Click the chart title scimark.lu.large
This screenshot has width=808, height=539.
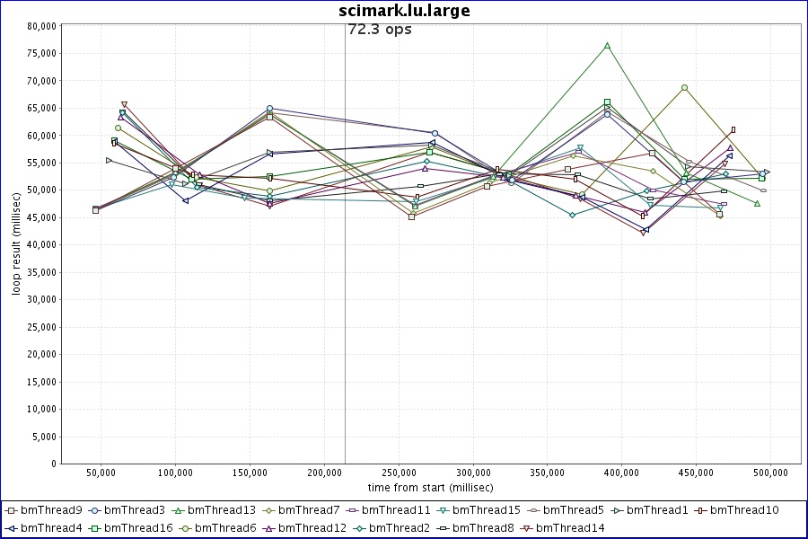tap(404, 11)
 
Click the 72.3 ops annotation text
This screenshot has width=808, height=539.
tap(379, 30)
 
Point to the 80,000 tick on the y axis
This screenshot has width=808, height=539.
tap(42, 26)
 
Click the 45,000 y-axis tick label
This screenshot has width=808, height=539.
tap(42, 217)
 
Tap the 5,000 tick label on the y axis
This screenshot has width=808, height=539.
tap(45, 437)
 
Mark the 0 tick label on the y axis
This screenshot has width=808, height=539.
tap(54, 464)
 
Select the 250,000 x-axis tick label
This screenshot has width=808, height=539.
tap(399, 473)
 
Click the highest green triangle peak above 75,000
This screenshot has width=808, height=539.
tap(607, 45)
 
